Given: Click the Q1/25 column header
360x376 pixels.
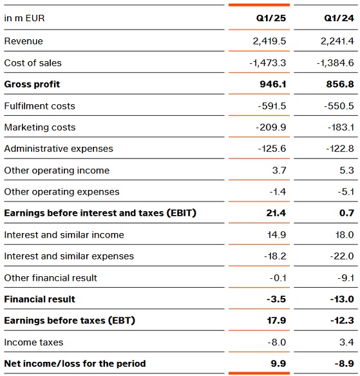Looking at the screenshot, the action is [x=271, y=18].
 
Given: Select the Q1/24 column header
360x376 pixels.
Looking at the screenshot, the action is [x=339, y=18].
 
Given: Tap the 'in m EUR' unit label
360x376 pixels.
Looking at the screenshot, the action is [x=24, y=18].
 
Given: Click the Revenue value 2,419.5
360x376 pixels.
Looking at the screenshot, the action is [x=269, y=41].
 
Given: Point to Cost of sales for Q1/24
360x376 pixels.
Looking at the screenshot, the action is [x=336, y=63].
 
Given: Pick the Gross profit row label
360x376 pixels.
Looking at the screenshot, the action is [x=32, y=84].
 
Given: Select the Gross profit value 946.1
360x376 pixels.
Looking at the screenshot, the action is [x=273, y=84].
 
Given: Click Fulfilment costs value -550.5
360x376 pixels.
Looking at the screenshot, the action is [x=339, y=106].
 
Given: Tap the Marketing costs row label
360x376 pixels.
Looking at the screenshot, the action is [x=40, y=127].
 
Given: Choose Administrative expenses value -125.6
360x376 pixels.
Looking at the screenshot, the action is [x=272, y=149].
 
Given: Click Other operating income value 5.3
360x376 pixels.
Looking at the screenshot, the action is [x=346, y=170].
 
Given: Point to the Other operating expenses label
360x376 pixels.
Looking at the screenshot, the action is [x=62, y=192].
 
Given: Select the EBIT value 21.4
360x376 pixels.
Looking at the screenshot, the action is [x=276, y=213].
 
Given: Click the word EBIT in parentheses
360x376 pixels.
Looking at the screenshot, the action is [x=182, y=213].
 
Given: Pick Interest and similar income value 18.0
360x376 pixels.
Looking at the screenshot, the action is [x=345, y=234].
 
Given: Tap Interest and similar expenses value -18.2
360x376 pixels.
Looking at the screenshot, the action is [x=275, y=256].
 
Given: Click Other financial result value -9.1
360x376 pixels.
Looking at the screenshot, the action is [x=346, y=278].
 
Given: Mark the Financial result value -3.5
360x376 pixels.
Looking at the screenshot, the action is [x=276, y=299].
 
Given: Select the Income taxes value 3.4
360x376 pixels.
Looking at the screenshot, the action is [x=346, y=342].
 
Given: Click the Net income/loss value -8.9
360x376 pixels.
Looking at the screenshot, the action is [x=345, y=364].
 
